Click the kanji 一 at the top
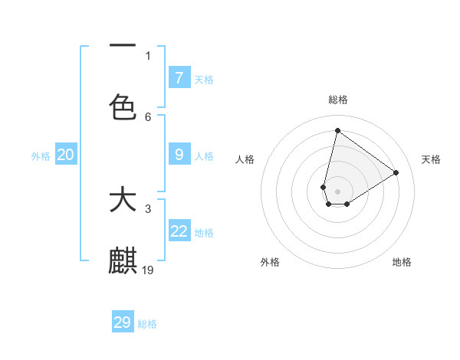click(123, 47)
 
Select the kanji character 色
click(123, 106)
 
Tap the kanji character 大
click(123, 201)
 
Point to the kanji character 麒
click(123, 260)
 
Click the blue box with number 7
click(179, 77)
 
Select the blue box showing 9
click(179, 155)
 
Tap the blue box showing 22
click(179, 231)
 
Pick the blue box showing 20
click(65, 155)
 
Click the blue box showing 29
click(123, 322)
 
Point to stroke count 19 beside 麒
click(149, 270)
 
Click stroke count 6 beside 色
click(148, 116)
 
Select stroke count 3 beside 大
click(148, 208)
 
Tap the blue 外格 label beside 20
click(41, 155)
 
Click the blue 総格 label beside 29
click(148, 323)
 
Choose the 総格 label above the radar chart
click(337, 100)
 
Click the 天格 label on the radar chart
click(431, 159)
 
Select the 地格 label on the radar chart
click(402, 262)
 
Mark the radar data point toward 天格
click(396, 172)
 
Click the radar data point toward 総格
click(337, 130)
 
